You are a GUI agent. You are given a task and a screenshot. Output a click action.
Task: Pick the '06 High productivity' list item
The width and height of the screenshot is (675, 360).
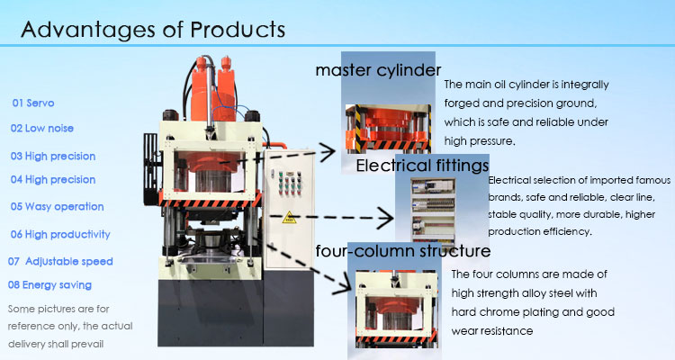60,234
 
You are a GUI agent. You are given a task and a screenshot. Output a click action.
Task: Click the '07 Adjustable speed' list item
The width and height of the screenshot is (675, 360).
60,261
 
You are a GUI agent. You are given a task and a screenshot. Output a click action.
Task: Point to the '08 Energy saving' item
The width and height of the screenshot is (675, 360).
49,285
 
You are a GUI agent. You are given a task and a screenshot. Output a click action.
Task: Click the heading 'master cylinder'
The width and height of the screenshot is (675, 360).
378,70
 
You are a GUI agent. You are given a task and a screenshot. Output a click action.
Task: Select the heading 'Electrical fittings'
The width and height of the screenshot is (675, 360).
422,166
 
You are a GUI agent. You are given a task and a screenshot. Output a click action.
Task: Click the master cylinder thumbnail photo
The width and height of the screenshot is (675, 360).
391,126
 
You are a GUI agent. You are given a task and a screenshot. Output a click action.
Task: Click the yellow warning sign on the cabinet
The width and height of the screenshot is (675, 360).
290,218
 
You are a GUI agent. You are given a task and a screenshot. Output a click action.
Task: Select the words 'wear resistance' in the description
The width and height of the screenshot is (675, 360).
492,330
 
